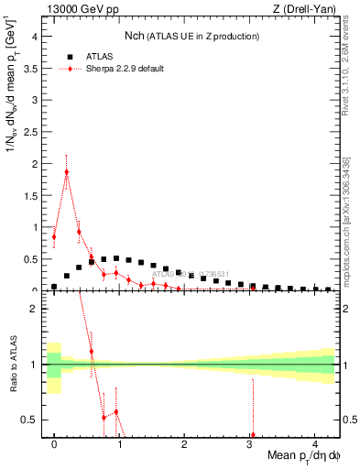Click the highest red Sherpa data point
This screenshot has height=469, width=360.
pos(67,171)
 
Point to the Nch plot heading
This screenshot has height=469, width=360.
pos(191,36)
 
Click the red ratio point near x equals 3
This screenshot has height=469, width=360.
pos(252,435)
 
